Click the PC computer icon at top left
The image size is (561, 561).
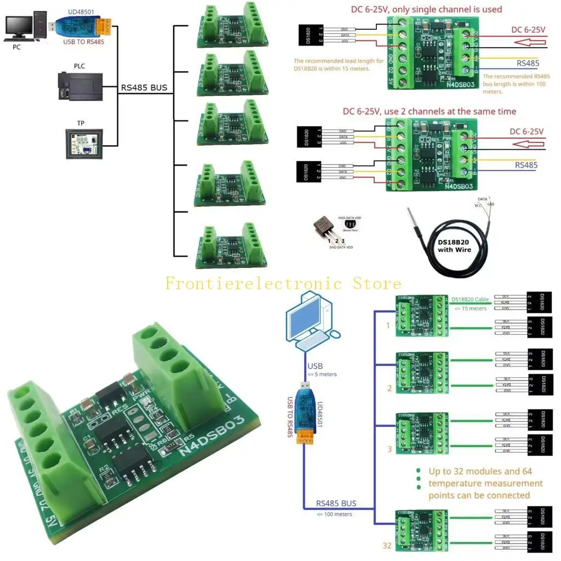tap(21, 27)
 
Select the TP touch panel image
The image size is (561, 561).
tap(84, 144)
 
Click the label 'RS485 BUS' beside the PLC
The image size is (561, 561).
tap(144, 87)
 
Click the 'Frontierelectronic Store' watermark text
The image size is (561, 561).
tap(283, 283)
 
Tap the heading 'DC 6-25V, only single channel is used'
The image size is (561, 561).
tap(426, 9)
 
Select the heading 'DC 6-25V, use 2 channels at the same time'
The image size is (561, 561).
tap(429, 111)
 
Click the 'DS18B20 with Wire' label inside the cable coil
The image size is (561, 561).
tap(454, 246)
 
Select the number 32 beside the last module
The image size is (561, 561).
tap(387, 545)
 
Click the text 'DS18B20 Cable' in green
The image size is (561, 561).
tap(471, 299)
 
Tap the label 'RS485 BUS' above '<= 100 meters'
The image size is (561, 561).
tap(336, 503)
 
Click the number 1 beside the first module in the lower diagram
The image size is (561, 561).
tap(388, 325)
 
